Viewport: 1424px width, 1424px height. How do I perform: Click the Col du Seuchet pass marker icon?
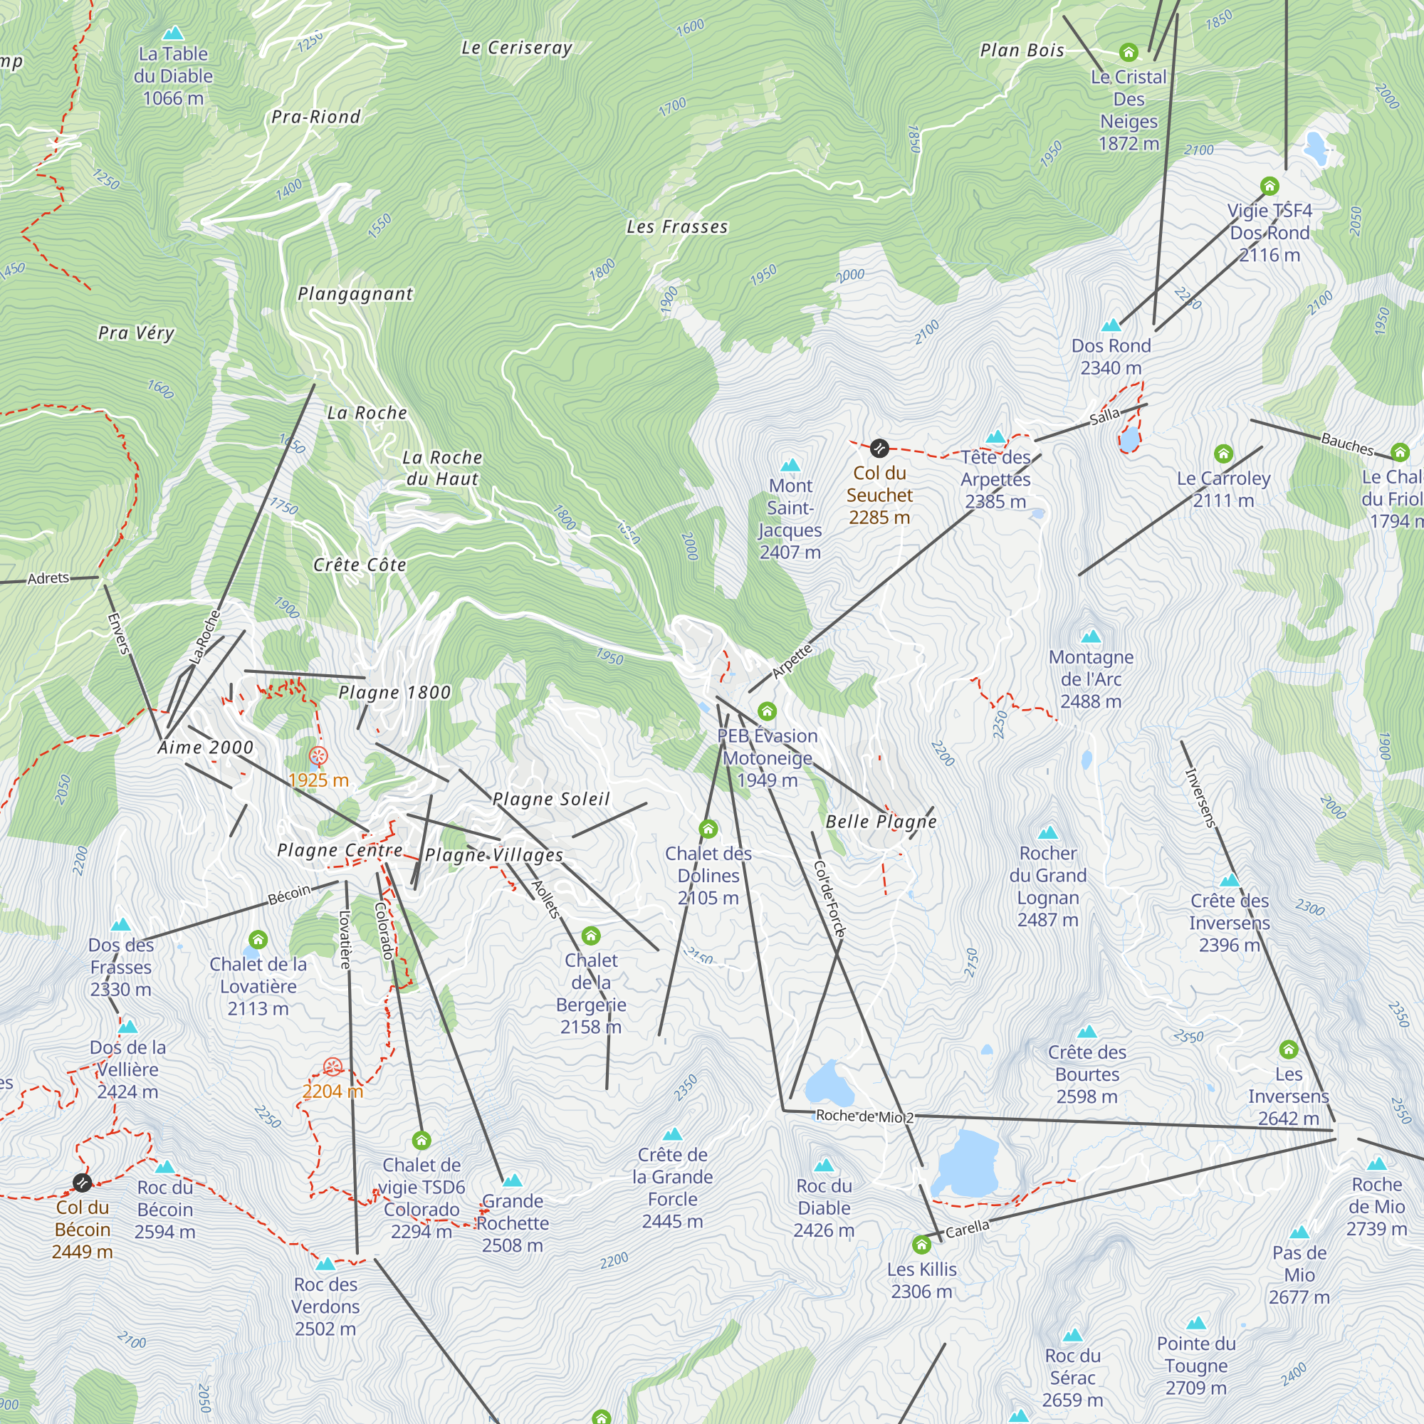tap(879, 448)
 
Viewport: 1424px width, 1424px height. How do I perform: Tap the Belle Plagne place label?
tap(881, 822)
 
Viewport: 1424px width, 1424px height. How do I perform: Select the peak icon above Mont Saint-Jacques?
tap(790, 465)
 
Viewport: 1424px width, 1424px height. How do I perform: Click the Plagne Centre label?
tap(340, 851)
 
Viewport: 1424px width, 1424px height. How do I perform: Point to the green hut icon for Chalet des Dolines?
tap(708, 829)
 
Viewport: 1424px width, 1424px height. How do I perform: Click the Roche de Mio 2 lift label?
tap(864, 1116)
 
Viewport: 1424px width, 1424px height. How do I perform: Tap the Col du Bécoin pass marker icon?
tap(83, 1183)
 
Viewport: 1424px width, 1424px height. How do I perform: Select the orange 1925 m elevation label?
tap(318, 780)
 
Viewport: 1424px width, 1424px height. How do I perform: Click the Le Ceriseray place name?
tap(516, 48)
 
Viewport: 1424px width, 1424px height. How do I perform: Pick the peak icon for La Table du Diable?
tap(173, 33)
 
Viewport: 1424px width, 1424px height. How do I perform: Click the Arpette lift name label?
tap(792, 661)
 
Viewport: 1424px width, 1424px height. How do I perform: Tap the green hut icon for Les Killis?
tap(921, 1245)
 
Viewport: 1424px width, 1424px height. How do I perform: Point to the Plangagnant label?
tap(355, 294)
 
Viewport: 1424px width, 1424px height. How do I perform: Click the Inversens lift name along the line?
tap(1200, 798)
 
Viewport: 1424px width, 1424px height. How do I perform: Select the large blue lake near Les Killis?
tap(965, 1163)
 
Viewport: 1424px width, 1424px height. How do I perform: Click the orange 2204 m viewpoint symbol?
tap(333, 1067)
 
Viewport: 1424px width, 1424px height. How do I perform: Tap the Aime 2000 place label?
tap(206, 748)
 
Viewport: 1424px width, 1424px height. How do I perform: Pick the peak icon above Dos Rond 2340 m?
tap(1111, 325)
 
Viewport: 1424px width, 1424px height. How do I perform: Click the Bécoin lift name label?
tap(289, 895)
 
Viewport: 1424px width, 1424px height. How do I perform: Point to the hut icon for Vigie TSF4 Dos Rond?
tap(1269, 186)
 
